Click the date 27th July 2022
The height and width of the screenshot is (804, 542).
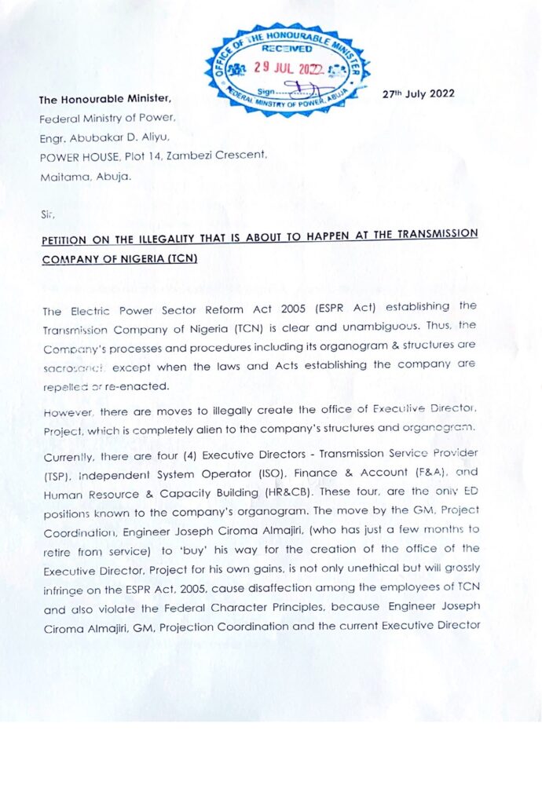click(x=418, y=94)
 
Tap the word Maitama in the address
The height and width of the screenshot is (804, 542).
click(x=63, y=177)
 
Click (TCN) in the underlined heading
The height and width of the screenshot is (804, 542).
click(x=180, y=258)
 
